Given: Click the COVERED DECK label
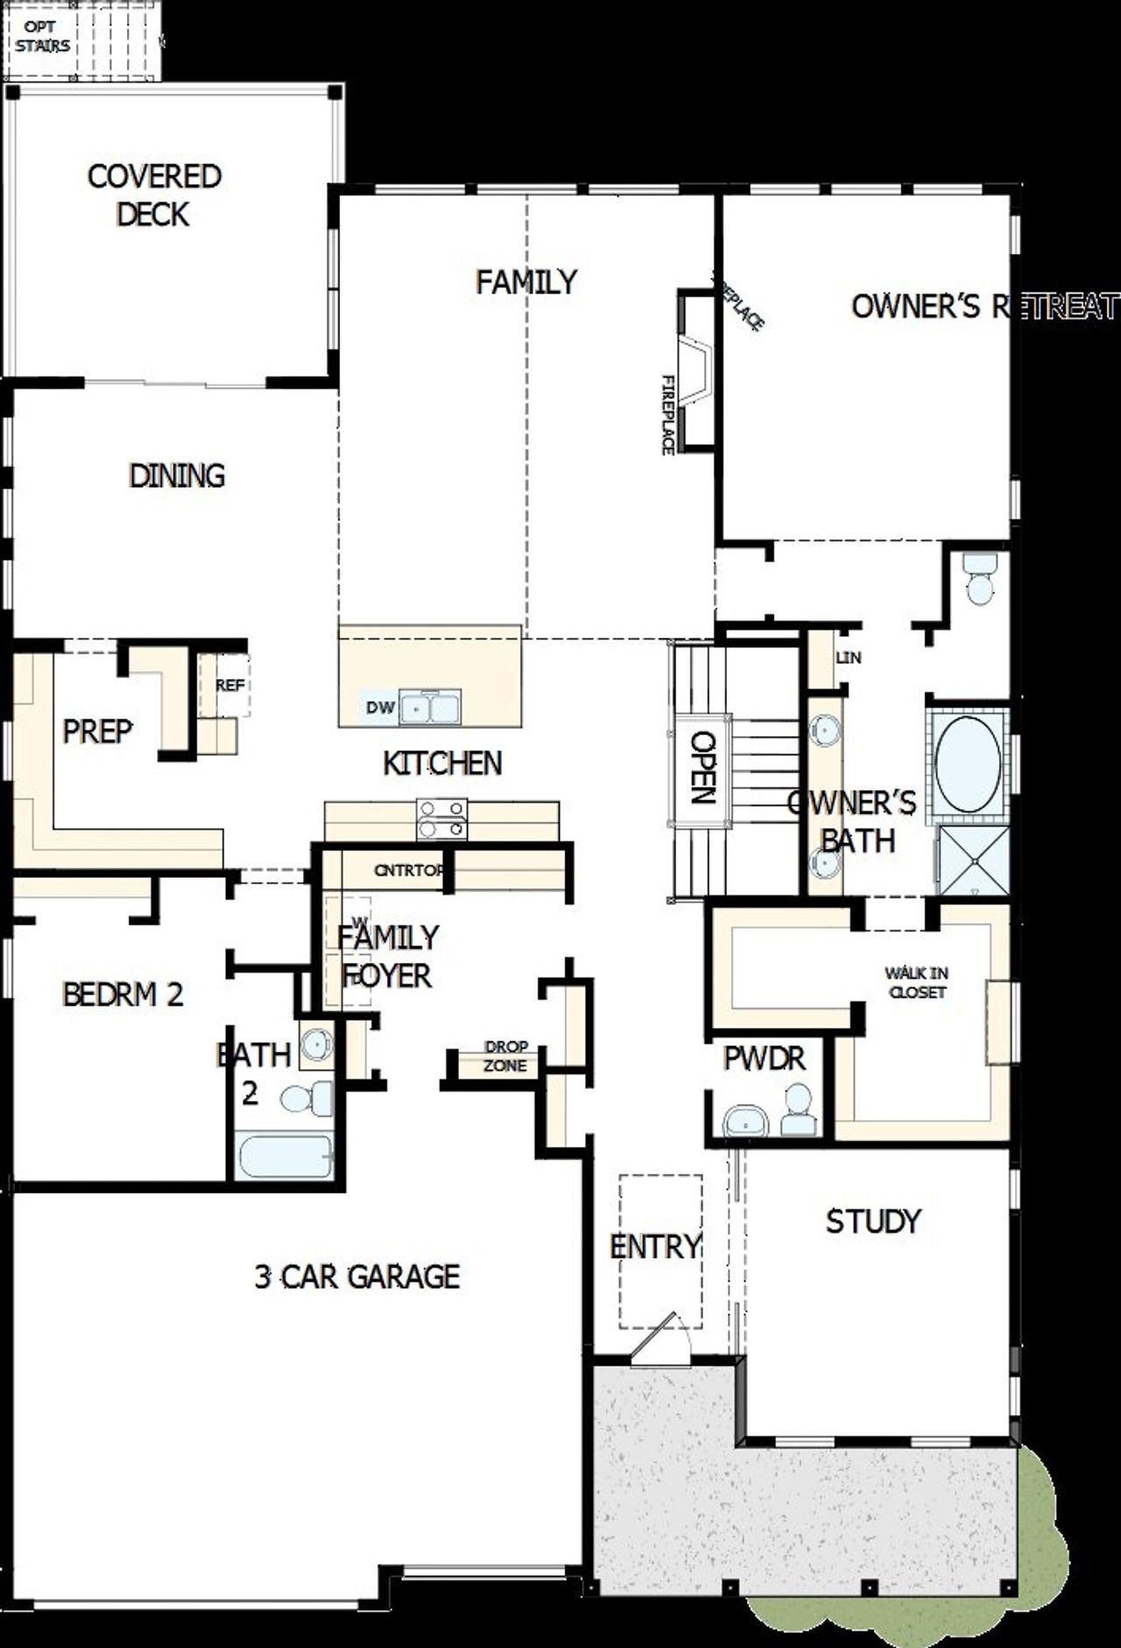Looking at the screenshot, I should [x=154, y=195].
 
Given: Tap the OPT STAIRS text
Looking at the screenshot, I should [x=42, y=37].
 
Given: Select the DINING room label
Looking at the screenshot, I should [x=177, y=476].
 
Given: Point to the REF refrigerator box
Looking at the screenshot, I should [x=229, y=685].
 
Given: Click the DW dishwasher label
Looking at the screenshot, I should [x=380, y=707].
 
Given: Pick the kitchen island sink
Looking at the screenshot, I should [x=430, y=707].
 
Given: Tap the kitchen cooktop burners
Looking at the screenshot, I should [x=441, y=818].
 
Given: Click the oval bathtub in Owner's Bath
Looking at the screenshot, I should [x=968, y=760].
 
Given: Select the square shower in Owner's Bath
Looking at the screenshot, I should [x=973, y=860].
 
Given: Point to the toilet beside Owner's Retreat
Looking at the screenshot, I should [x=979, y=577].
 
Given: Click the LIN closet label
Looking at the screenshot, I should [x=848, y=657].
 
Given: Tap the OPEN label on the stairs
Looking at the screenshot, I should [x=701, y=767].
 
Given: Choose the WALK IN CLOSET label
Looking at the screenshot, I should [x=916, y=982].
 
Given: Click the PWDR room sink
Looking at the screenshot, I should [x=745, y=1121].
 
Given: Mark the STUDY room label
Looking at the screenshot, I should [x=873, y=1220].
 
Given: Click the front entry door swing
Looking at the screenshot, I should [x=659, y=1336].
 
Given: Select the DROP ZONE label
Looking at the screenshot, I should [x=505, y=1056].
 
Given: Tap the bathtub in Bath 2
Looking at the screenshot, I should [x=284, y=1156].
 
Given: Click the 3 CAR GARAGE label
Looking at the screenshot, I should [x=356, y=1277].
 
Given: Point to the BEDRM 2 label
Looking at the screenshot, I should [x=123, y=994].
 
